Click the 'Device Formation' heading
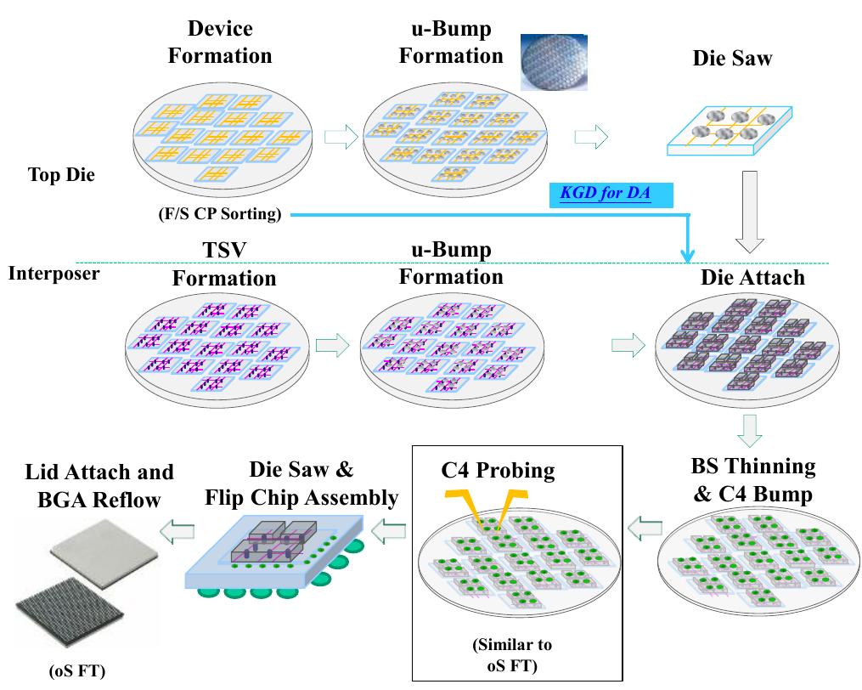[220, 42]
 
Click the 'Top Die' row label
[61, 176]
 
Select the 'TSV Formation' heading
[224, 264]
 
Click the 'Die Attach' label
[752, 278]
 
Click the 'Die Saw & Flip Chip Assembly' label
[301, 483]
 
